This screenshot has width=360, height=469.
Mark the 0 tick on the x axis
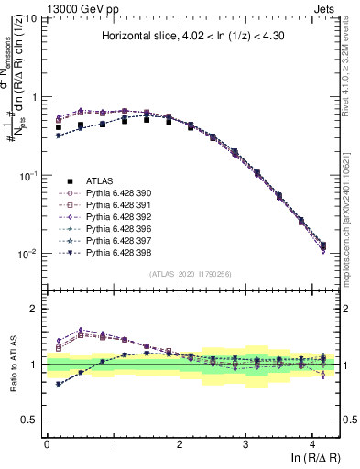tap(47, 440)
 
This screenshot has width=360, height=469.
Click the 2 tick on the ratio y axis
tap(34, 309)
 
